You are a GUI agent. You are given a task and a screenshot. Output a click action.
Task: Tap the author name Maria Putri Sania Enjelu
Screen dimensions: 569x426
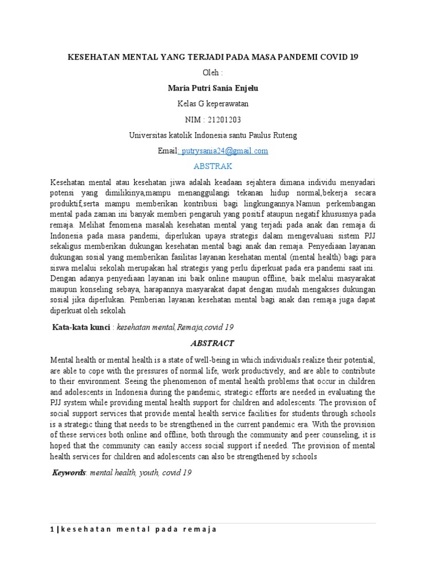click(x=213, y=88)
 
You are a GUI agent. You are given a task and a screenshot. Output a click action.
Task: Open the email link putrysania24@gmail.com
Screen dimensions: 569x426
click(x=225, y=151)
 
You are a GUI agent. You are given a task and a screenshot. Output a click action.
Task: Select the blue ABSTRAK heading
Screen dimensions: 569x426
click(x=213, y=166)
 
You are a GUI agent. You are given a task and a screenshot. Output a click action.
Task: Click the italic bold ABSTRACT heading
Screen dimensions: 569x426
click(x=212, y=343)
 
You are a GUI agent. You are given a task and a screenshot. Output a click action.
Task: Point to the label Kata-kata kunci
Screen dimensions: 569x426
click(x=81, y=327)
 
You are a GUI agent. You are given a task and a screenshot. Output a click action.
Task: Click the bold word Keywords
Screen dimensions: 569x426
click(x=69, y=473)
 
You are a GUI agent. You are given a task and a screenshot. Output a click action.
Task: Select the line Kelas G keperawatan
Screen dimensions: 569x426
click(x=213, y=104)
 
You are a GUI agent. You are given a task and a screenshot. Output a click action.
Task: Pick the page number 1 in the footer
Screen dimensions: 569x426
click(x=52, y=530)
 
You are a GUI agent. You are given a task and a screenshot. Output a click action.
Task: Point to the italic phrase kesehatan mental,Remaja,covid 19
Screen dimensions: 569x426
click(x=175, y=327)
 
